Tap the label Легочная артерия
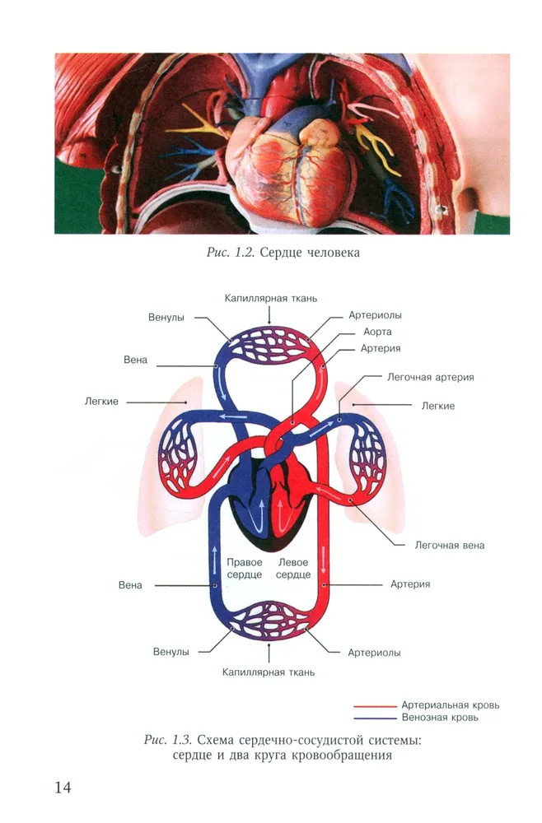click(x=430, y=377)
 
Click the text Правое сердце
click(x=244, y=568)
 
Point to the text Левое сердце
click(x=294, y=568)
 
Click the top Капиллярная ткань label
click(x=271, y=298)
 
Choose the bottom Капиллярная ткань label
click(x=268, y=672)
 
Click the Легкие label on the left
click(x=101, y=401)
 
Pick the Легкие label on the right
click(x=437, y=406)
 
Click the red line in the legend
click(x=374, y=706)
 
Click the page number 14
click(x=63, y=788)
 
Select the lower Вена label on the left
click(x=130, y=585)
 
